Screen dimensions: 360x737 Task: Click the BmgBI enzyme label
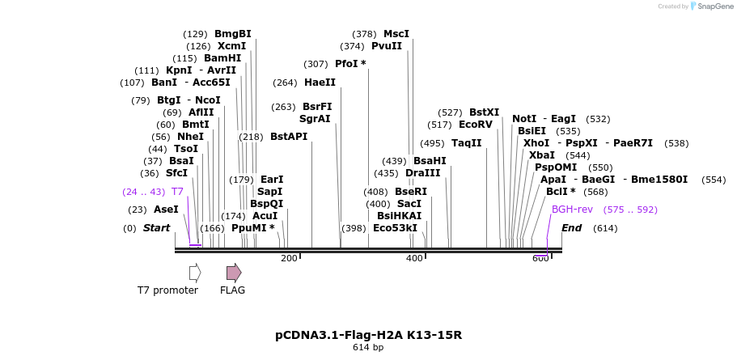pyautogui.click(x=232, y=34)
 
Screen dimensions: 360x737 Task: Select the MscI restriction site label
pyautogui.click(x=396, y=34)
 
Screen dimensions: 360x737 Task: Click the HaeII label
pyautogui.click(x=320, y=83)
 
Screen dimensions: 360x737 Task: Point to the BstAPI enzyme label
pyautogui.click(x=289, y=137)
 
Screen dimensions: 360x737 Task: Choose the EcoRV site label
pyautogui.click(x=475, y=125)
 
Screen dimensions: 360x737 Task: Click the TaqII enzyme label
pyautogui.click(x=466, y=143)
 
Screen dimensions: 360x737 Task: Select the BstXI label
pyautogui.click(x=484, y=112)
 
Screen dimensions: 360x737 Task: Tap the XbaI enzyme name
pyautogui.click(x=541, y=155)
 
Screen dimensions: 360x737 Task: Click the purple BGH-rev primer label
pyautogui.click(x=572, y=210)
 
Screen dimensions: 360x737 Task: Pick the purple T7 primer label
pyautogui.click(x=177, y=192)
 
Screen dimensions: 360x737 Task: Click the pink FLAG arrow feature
pyautogui.click(x=233, y=273)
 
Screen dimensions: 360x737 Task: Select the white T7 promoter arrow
pyautogui.click(x=194, y=273)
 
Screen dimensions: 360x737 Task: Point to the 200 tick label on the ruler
pyautogui.click(x=289, y=258)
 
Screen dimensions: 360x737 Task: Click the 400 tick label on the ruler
pyautogui.click(x=414, y=258)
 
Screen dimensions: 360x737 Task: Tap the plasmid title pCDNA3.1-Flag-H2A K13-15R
pyautogui.click(x=368, y=335)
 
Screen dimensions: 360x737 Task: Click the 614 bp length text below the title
pyautogui.click(x=368, y=348)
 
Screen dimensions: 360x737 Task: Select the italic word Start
pyautogui.click(x=156, y=228)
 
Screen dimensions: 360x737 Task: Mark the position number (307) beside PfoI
pyautogui.click(x=316, y=64)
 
